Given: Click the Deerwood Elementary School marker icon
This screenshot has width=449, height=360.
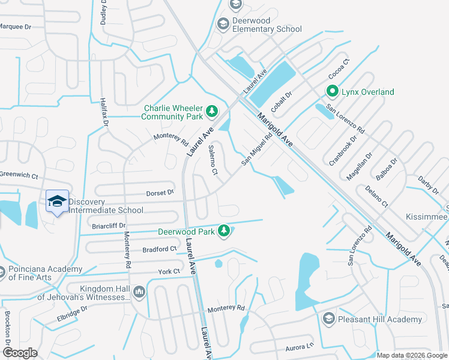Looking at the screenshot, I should (x=223, y=24).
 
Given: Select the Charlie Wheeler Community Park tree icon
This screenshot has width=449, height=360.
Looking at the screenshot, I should (x=211, y=110).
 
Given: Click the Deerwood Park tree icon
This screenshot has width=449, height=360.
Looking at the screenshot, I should (x=224, y=230).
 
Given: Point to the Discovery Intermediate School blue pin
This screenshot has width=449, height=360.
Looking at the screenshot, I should (x=56, y=202).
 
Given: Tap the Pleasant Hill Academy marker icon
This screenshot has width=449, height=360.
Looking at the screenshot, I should (x=328, y=319).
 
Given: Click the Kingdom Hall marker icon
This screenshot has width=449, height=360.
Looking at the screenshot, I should (x=140, y=292).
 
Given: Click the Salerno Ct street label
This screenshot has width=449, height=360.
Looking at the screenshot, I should (x=212, y=160).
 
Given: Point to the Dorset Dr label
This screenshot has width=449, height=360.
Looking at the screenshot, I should (x=160, y=193).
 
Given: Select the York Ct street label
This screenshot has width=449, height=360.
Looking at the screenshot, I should (x=169, y=272).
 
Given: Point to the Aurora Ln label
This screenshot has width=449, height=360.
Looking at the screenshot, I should (x=300, y=346).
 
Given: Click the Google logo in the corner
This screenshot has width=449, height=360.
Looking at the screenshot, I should (x=20, y=353).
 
